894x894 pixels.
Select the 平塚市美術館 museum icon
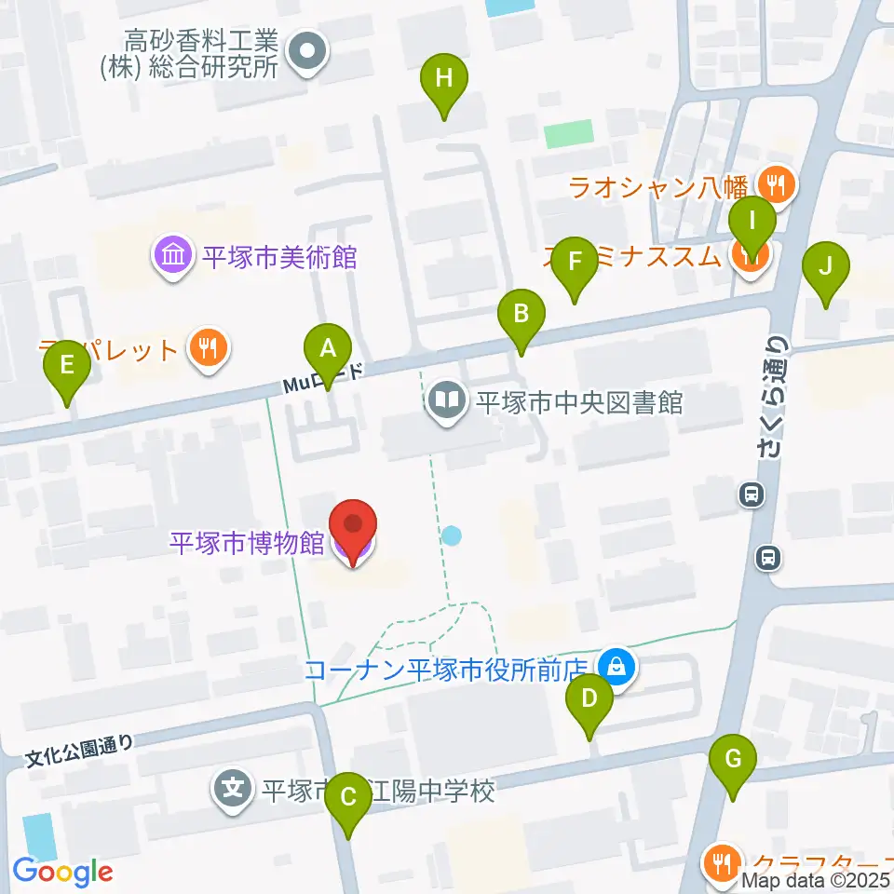pos(174,256)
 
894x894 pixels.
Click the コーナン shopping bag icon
pos(616,668)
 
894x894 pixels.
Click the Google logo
pos(62,872)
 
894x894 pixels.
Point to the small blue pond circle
pos(452,535)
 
